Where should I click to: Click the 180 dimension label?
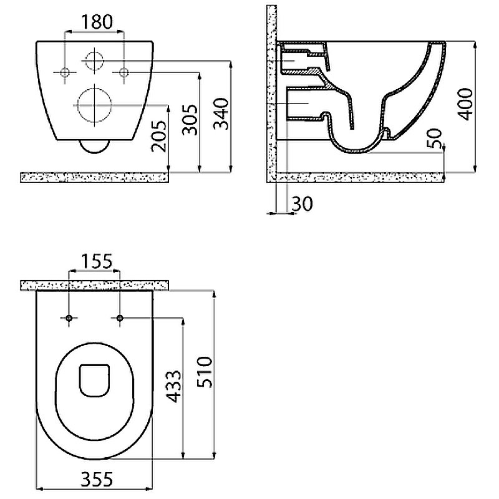tap(97, 22)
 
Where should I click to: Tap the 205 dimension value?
tap(159, 136)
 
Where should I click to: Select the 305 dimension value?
tap(190, 119)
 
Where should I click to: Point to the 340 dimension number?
tap(221, 114)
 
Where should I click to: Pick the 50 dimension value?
tap(434, 138)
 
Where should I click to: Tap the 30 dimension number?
tap(303, 203)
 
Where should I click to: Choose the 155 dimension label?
tap(97, 261)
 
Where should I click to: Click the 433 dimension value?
tap(174, 386)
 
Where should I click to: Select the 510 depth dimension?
tap(205, 372)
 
